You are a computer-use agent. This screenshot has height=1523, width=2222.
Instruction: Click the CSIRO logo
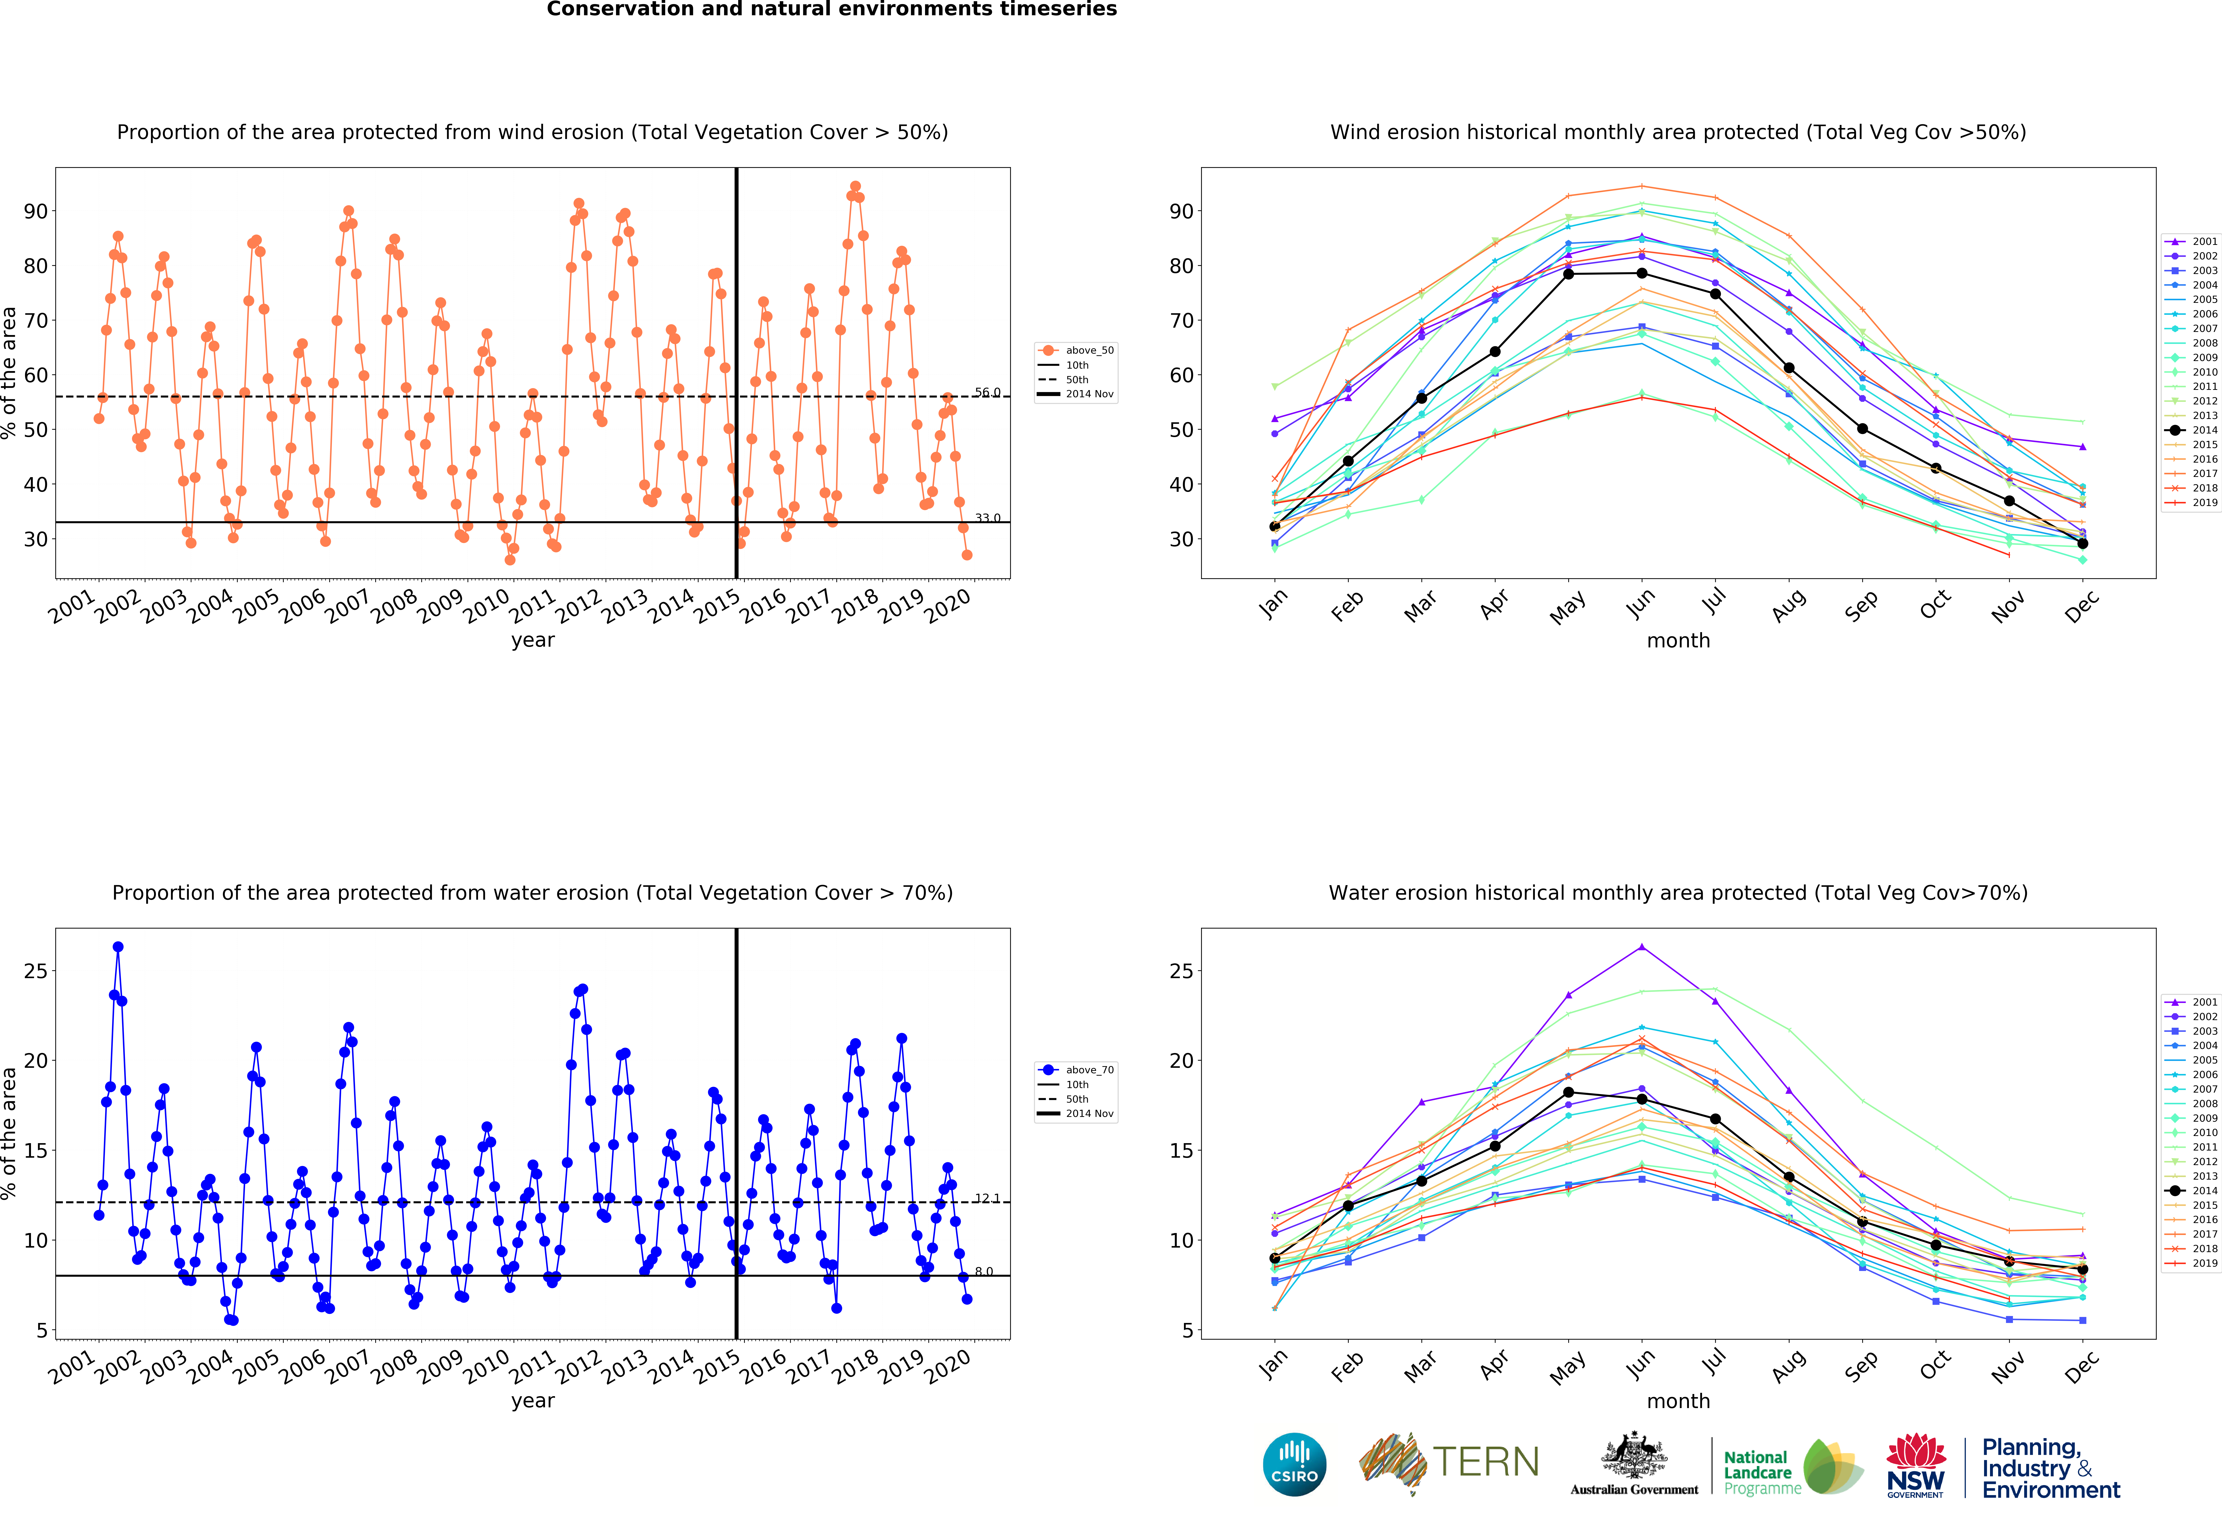[x=1295, y=1464]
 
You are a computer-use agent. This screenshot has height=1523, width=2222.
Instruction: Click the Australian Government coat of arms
[x=1634, y=1455]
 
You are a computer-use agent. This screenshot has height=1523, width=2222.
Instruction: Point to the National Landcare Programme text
[x=1762, y=1472]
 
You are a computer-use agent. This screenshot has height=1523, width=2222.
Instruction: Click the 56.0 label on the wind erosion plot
[x=988, y=392]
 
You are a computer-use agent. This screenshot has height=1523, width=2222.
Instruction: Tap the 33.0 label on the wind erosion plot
[x=988, y=518]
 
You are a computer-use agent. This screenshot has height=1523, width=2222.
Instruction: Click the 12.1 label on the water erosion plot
[x=988, y=1198]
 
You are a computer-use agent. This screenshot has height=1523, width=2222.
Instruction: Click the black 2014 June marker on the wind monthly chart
[x=1642, y=274]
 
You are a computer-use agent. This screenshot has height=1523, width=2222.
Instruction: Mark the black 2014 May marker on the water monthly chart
[x=1568, y=1092]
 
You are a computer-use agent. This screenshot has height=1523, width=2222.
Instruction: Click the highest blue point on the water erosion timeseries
[x=118, y=946]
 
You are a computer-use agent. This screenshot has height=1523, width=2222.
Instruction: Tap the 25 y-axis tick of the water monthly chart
[x=1182, y=971]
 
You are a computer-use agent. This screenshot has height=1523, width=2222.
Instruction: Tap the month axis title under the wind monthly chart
[x=1678, y=640]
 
